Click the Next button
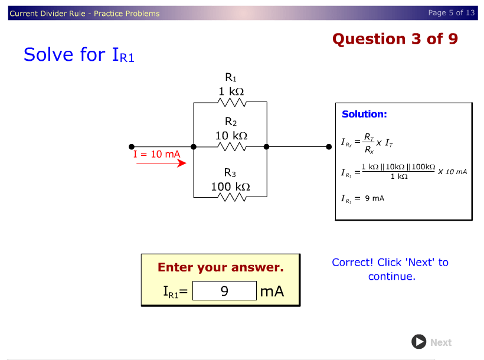coord(431,342)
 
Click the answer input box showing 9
coord(224,291)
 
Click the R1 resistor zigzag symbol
coord(231,102)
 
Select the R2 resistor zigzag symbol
coord(231,146)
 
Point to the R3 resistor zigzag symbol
coord(231,197)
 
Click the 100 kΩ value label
coord(230,186)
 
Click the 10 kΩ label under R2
coord(231,136)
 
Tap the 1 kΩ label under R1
coord(231,91)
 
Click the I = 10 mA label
coord(156,154)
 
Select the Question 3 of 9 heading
coord(395,39)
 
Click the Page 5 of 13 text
coord(451,12)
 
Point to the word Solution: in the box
coord(364,114)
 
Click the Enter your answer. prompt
coord(220,267)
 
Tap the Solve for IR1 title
coord(79,55)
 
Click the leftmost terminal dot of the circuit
coord(132,146)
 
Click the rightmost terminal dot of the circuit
coord(330,146)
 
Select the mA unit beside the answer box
coord(272,291)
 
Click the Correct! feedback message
coord(390,269)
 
